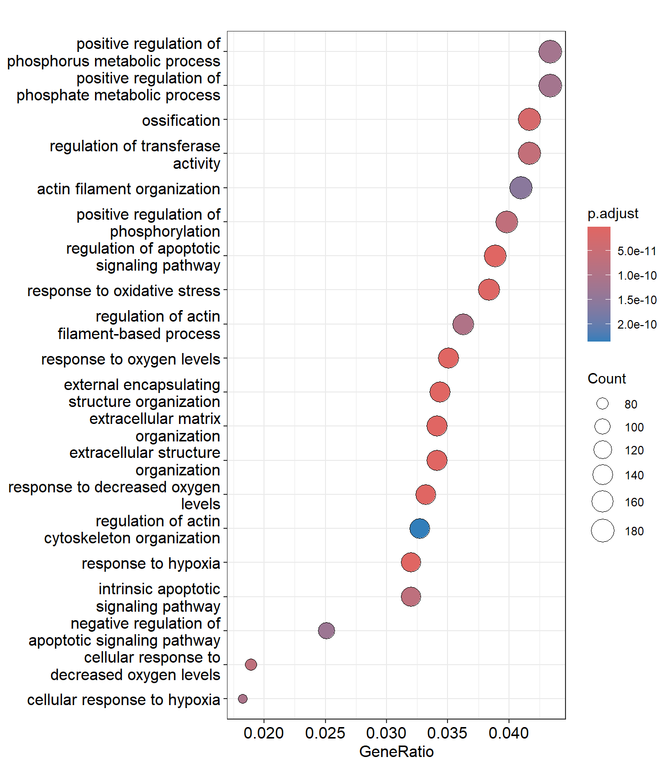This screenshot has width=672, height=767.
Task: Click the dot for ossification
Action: coord(529,120)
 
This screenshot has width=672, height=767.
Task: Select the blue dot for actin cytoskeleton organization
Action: coord(419,528)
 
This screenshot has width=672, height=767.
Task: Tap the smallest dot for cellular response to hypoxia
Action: coord(242,699)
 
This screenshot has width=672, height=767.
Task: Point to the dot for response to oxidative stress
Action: coord(488,290)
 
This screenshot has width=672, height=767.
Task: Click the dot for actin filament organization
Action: coord(520,188)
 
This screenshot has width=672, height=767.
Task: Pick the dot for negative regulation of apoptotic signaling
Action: coord(326,631)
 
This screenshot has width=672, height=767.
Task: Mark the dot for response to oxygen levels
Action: coord(448,358)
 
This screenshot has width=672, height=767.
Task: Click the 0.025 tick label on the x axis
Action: coord(325,733)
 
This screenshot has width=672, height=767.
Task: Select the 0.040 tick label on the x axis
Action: coord(508,733)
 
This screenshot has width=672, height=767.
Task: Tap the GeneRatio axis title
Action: coord(396,752)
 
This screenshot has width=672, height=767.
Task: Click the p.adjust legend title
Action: coord(612,214)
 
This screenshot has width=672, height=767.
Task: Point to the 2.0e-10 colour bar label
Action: coord(636,325)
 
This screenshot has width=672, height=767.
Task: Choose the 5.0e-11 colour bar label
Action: coord(636,251)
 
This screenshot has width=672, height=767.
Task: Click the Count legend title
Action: coord(606,379)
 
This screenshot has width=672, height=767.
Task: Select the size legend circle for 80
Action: coord(602,403)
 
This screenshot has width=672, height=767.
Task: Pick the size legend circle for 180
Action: coord(602,530)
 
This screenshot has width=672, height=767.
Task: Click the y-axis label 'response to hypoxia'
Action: coord(150,563)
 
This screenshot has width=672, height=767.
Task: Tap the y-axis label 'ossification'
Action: coord(180,120)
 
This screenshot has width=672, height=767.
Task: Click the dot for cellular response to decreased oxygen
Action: coord(251,665)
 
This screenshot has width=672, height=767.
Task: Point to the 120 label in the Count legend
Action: coord(633,450)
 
